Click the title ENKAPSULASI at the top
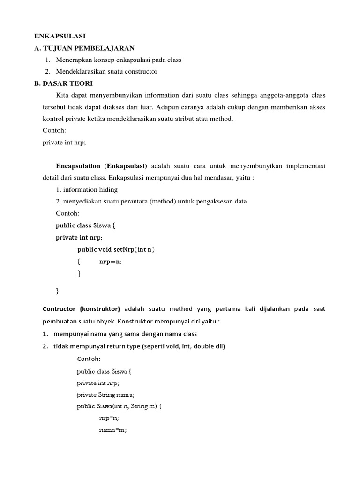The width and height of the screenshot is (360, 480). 60,36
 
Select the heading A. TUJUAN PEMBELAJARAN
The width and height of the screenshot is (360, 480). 85,48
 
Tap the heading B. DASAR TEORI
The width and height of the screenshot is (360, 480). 64,83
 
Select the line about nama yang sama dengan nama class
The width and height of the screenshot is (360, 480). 125,334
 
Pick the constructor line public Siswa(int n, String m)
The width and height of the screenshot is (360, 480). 119,406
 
